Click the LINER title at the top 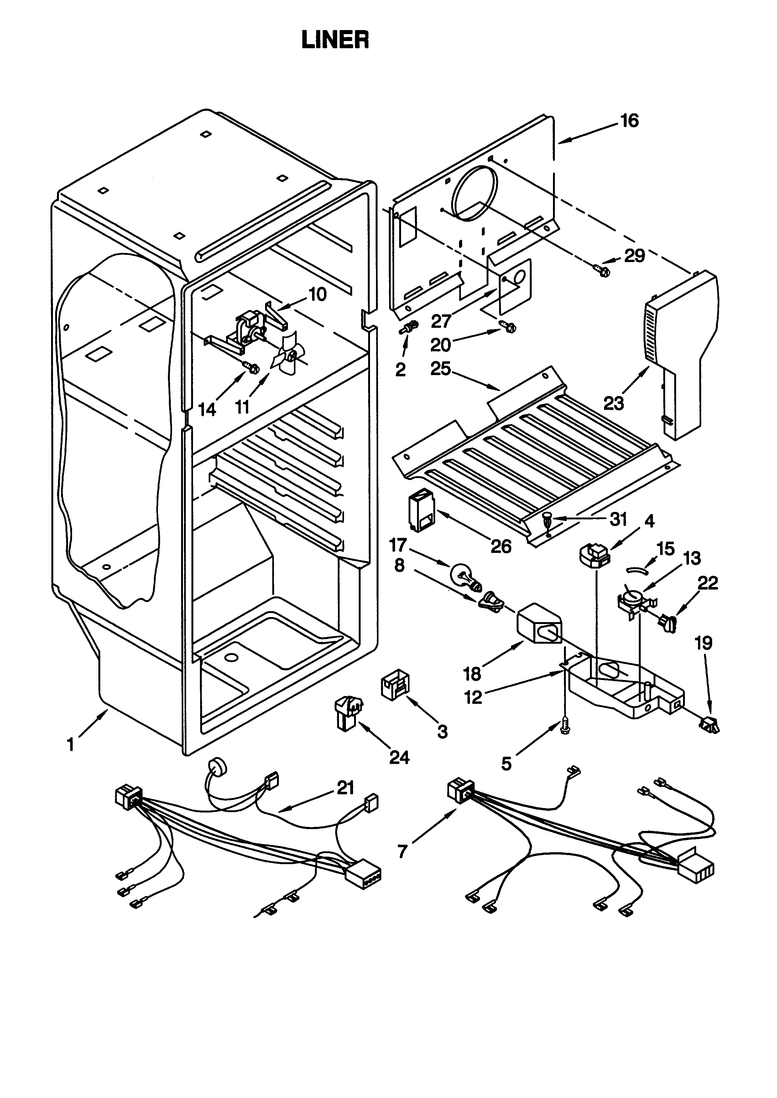coord(335,40)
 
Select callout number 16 coord(630,121)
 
